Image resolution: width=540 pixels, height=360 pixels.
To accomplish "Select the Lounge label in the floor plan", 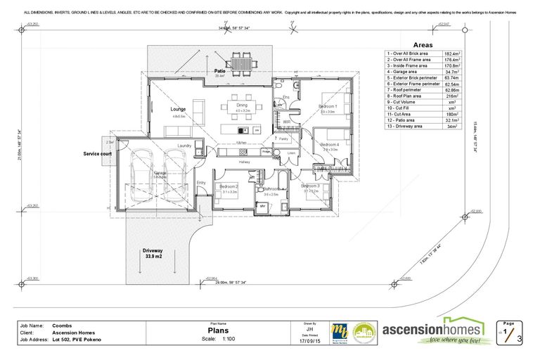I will pyautogui.click(x=178, y=110).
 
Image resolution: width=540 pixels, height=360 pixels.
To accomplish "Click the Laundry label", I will pyautogui.click(x=185, y=146).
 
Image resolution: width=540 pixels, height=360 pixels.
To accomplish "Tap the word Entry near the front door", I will pyautogui.click(x=201, y=183).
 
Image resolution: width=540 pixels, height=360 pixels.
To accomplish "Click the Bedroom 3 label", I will pyautogui.click(x=311, y=186).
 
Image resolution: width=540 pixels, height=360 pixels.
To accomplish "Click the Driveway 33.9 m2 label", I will pyautogui.click(x=153, y=253).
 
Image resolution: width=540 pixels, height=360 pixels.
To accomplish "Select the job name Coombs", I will pyautogui.click(x=63, y=326).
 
